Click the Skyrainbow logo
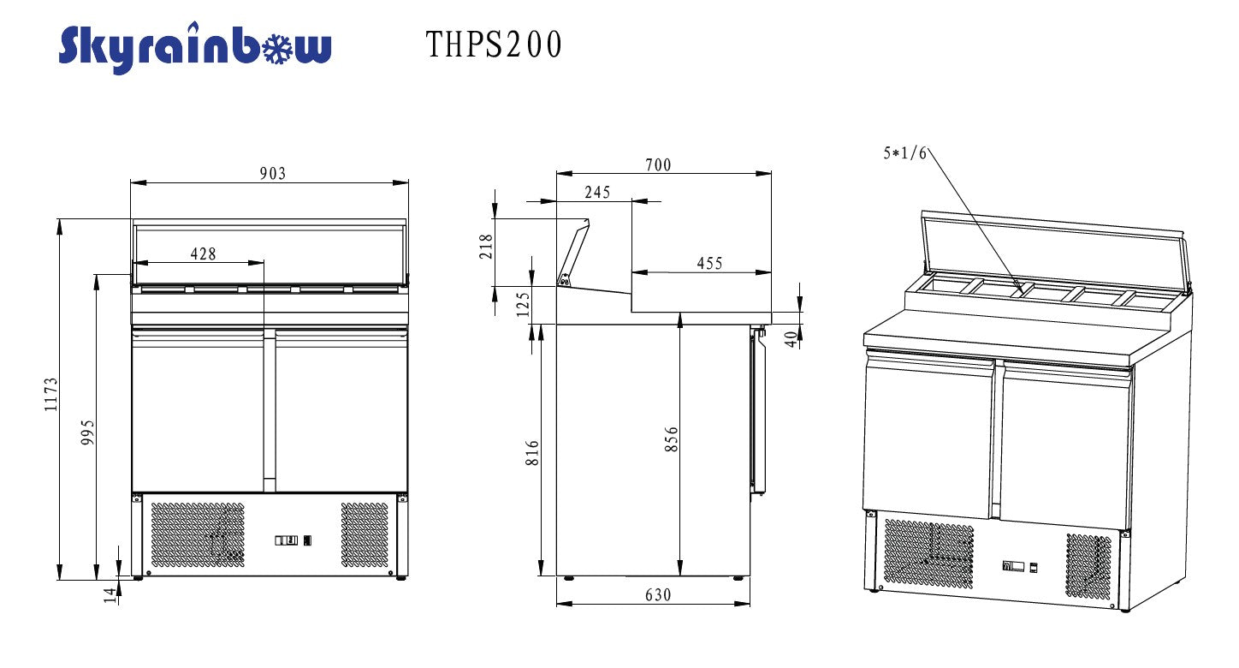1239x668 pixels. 195,48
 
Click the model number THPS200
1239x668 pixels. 494,45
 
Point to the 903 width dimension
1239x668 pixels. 273,174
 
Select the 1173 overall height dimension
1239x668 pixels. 50,395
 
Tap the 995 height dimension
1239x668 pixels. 88,432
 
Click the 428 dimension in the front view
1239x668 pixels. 203,254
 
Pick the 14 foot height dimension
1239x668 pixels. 110,595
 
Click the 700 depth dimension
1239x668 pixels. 658,165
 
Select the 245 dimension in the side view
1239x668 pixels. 597,192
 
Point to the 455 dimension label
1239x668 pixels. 709,263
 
